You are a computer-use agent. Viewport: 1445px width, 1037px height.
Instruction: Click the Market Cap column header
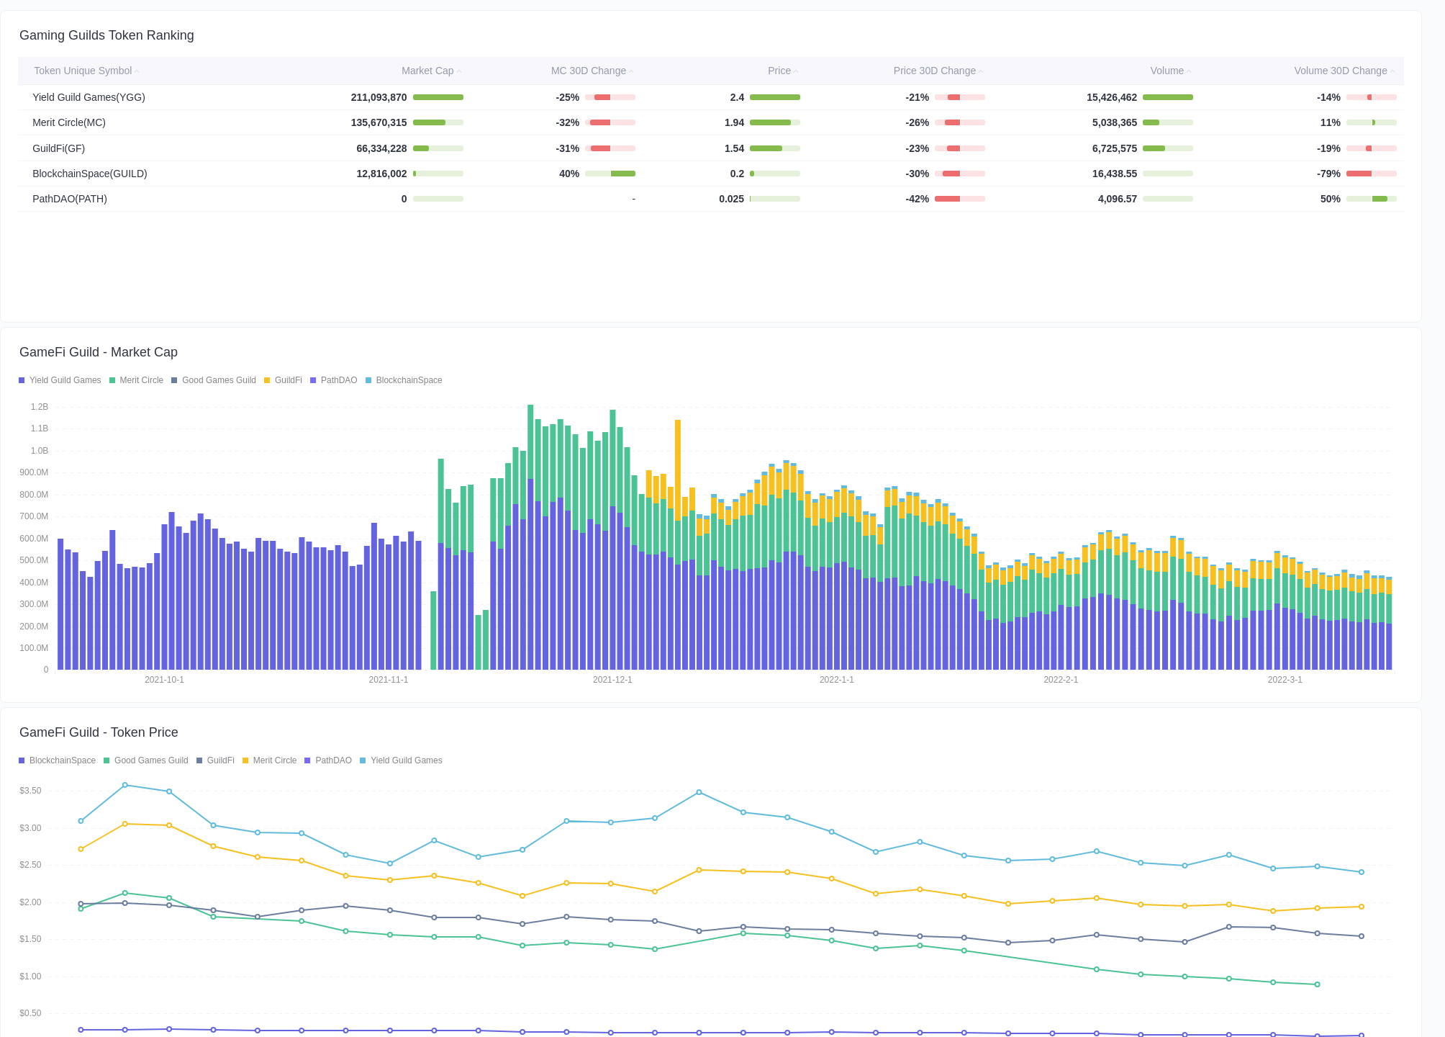[427, 71]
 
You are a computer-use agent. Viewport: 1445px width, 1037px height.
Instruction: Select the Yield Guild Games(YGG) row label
[89, 97]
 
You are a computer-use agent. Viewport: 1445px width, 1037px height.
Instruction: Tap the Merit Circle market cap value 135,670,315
[379, 122]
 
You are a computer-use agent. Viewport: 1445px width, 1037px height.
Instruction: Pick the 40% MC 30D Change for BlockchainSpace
[569, 174]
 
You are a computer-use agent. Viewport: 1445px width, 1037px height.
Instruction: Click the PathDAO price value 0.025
[731, 199]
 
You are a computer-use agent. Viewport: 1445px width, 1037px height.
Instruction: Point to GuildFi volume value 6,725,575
[1114, 148]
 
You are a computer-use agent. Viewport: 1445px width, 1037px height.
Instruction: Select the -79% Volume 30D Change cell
[1328, 174]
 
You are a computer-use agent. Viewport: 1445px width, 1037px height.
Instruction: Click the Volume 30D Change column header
[1340, 71]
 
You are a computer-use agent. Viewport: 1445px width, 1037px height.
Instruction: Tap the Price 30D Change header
[934, 71]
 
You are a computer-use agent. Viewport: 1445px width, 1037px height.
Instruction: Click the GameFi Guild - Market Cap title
[99, 352]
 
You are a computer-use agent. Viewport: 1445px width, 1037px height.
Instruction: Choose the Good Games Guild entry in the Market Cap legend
[219, 380]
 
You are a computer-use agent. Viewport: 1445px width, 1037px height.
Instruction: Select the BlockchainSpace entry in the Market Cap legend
[409, 380]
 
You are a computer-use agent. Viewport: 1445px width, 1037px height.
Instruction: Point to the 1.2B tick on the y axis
[40, 407]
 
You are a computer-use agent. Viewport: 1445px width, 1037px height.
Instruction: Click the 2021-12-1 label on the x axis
[612, 680]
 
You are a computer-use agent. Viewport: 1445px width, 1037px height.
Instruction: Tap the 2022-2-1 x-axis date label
[1061, 680]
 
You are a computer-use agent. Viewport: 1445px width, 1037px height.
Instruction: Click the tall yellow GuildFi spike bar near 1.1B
[678, 461]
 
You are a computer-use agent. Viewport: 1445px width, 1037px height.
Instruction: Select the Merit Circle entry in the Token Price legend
[274, 760]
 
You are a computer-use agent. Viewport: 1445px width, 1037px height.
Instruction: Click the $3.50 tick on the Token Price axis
[30, 791]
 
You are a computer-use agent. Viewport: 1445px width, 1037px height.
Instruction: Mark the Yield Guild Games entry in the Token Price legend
[406, 760]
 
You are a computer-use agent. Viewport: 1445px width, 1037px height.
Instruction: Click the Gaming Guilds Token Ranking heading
[107, 35]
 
